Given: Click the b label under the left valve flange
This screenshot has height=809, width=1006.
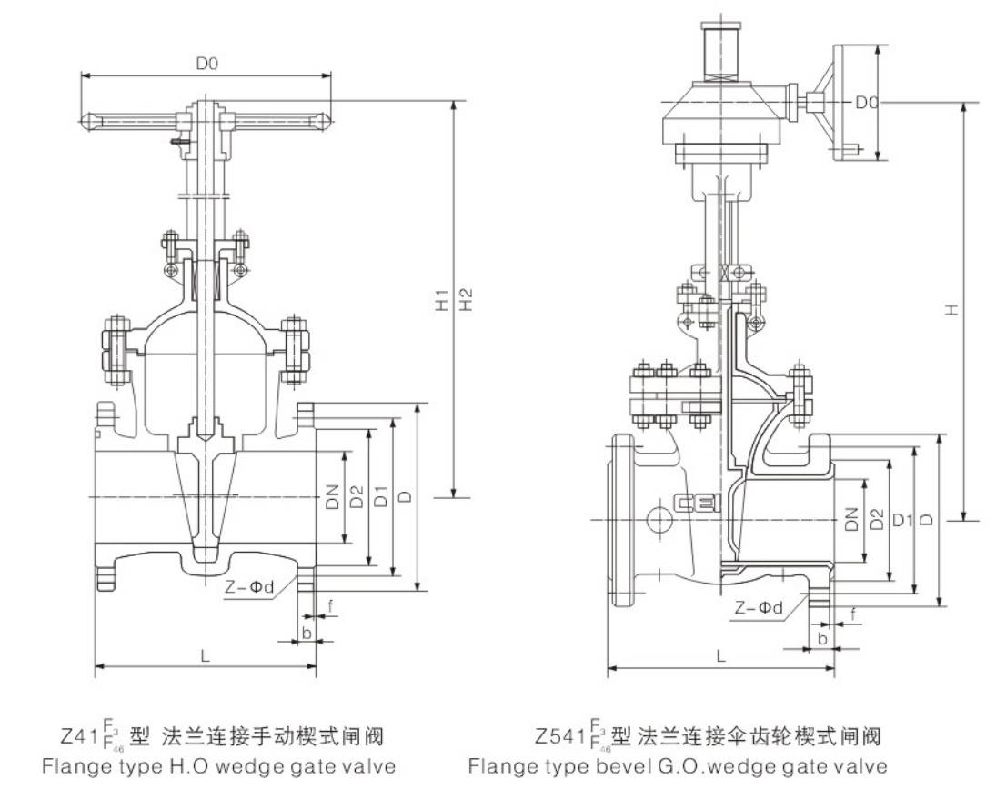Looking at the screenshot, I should coord(307,631).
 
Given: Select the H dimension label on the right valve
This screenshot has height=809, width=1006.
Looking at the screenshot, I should coord(951,309).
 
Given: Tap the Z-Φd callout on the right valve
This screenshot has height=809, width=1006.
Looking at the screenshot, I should coord(759,606).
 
